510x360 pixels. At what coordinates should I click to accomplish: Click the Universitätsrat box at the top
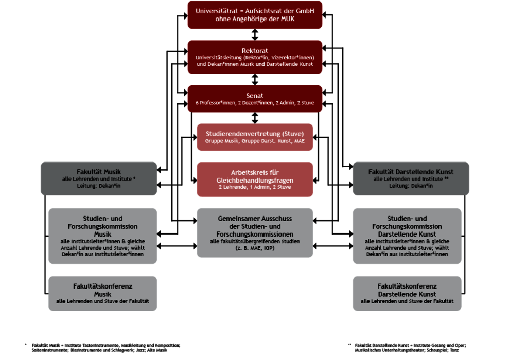(255, 14)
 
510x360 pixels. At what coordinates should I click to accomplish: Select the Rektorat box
(255, 57)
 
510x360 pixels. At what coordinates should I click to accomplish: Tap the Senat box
(255, 99)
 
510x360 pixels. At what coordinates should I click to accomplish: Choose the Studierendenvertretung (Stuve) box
(255, 137)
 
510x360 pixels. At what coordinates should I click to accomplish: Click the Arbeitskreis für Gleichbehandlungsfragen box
(255, 179)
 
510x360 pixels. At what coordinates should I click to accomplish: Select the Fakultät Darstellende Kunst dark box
(411, 178)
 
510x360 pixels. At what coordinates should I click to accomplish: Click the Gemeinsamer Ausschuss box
(255, 232)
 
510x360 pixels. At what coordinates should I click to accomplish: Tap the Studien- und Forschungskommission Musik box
(103, 236)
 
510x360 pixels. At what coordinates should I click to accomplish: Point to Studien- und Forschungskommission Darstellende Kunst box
(407, 236)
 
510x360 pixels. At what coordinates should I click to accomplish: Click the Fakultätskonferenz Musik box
(103, 293)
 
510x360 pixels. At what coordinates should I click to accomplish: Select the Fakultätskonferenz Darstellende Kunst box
(407, 293)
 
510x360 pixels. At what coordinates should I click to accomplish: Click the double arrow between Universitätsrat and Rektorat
(255, 34)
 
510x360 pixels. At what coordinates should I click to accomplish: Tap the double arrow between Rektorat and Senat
(255, 79)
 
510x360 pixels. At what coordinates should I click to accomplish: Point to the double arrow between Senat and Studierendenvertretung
(255, 118)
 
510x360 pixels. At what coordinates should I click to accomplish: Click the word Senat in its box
(255, 96)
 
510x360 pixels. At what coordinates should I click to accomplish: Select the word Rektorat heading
(255, 50)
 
